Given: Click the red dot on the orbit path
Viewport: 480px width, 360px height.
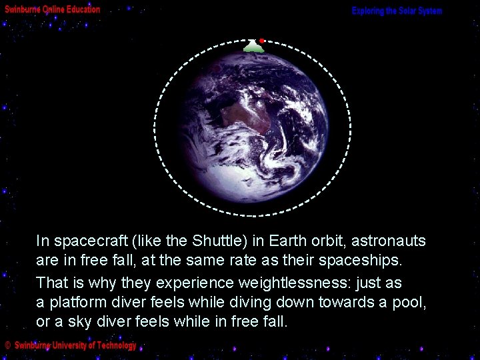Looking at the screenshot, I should point(263,41).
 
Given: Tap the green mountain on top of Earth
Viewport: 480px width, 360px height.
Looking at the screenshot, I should point(253,47).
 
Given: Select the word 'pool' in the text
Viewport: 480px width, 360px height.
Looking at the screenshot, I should point(409,303).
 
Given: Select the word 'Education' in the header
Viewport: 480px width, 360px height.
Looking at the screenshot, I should point(83,10).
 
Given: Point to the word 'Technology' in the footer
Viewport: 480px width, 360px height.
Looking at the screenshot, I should point(116,345).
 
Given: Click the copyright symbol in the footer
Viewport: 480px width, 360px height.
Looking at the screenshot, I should point(7,345).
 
